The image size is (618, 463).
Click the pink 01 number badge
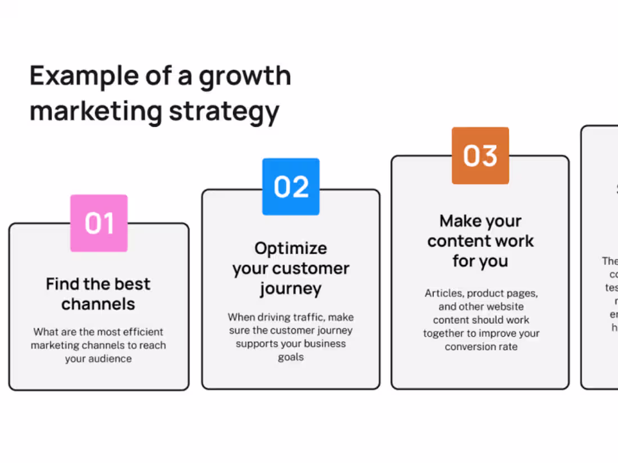click(x=99, y=223)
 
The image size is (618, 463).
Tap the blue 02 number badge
click(x=291, y=187)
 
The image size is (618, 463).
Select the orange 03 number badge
click(x=480, y=155)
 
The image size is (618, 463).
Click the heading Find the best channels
click(x=98, y=294)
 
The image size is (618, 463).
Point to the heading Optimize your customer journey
click(x=290, y=268)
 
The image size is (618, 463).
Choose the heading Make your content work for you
click(x=480, y=241)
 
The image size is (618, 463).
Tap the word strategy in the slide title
click(x=224, y=111)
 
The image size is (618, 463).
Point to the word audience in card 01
click(x=111, y=359)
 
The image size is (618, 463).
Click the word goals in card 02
click(x=290, y=357)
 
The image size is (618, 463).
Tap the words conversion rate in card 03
click(x=481, y=347)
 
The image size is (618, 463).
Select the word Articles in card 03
click(x=444, y=293)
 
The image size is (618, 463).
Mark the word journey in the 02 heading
click(x=290, y=288)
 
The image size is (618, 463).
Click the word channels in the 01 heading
click(x=98, y=304)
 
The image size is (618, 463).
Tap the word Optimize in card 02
click(x=290, y=248)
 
